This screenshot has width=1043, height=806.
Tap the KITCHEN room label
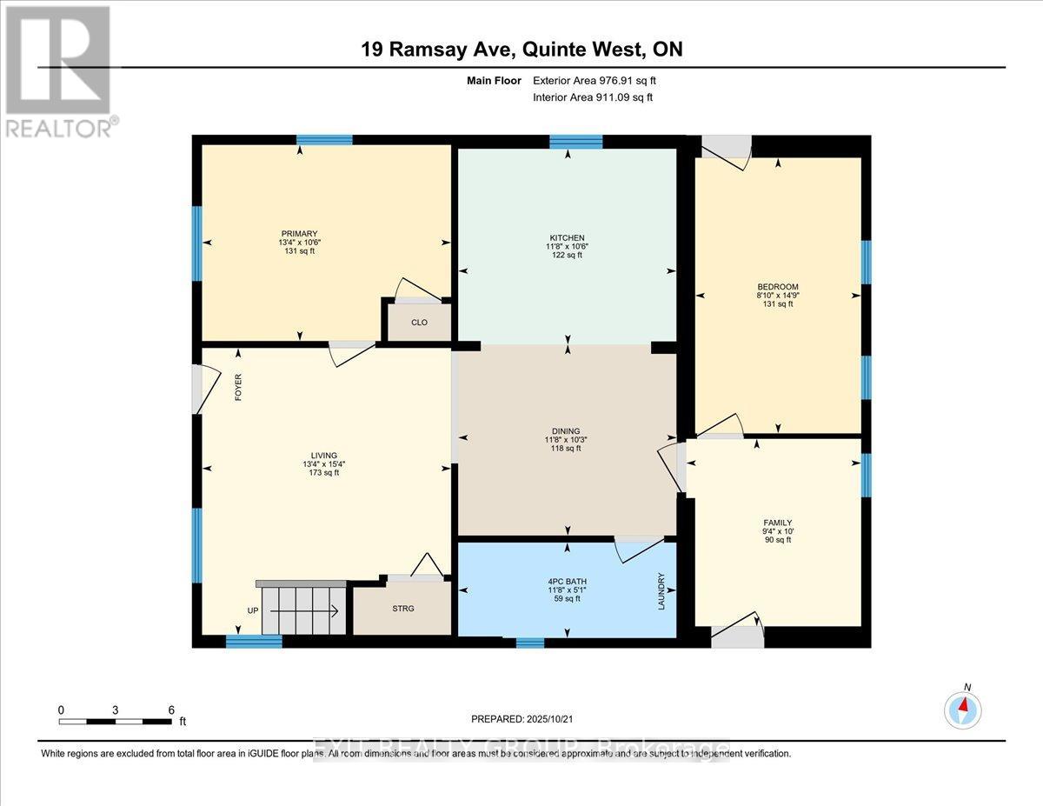567,237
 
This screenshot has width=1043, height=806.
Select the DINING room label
567,431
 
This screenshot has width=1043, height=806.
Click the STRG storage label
402,609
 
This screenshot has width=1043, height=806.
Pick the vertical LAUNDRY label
661,590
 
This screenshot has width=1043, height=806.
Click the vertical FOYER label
237,386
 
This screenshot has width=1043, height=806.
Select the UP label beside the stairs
253,611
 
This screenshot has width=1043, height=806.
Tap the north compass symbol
962,709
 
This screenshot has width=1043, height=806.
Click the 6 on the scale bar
170,709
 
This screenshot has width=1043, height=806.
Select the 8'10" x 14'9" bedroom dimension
777,296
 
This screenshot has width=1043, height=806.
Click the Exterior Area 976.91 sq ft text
595,81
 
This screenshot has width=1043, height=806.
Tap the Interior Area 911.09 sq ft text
593,97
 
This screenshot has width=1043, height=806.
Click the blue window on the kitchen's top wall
575,141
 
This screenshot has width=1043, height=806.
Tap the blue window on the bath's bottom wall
529,643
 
